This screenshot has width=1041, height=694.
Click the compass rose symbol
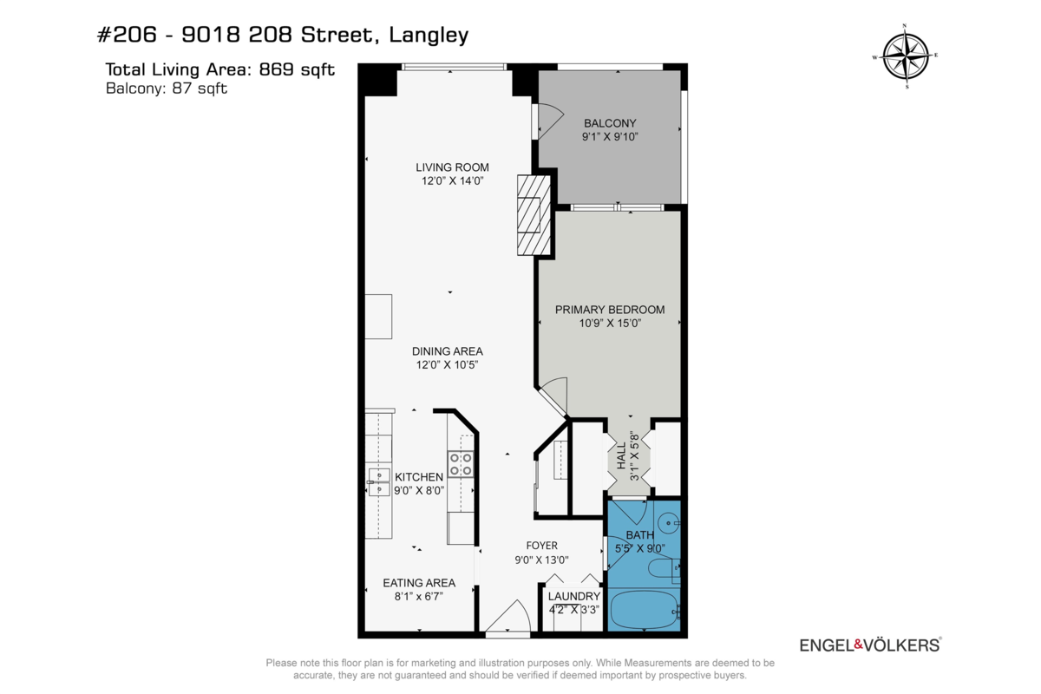coord(906,56)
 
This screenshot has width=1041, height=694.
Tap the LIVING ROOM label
coord(452,167)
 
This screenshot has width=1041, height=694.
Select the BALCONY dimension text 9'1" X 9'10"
coord(610,136)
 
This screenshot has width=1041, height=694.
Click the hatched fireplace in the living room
coord(533,215)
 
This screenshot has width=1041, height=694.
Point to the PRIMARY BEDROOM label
coord(610,310)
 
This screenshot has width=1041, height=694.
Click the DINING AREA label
coord(447,351)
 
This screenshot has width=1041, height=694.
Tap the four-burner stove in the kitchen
coord(460,464)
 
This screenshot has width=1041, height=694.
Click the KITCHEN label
coord(419,477)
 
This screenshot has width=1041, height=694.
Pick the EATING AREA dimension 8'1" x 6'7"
coord(419,596)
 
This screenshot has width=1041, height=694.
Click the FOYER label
coord(537,546)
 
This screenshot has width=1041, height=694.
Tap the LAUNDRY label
coord(573,596)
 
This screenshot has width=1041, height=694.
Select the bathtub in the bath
coord(645,611)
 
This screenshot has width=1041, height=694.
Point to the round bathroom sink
coord(668,523)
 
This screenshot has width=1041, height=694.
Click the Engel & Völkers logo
coord(869,645)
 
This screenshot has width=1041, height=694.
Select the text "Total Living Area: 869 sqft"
coord(219,69)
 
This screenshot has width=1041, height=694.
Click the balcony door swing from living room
coord(548,119)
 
